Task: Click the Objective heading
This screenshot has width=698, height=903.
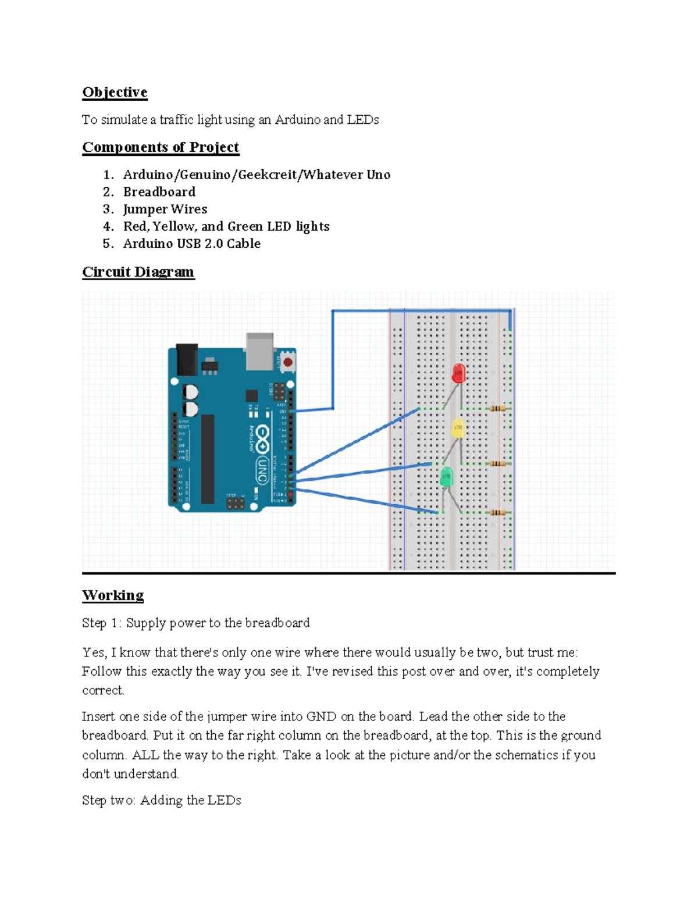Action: coord(115,92)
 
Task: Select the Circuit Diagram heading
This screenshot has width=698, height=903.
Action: coord(138,272)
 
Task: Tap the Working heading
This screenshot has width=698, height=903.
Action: coord(113,595)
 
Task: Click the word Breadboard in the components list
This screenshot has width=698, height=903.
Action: coord(159,192)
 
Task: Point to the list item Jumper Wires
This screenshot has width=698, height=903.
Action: coord(165,209)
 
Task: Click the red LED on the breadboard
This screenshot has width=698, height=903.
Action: coord(458,373)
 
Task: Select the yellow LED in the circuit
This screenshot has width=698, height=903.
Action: coord(458,429)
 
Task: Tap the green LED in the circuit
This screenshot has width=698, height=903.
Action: coord(446,477)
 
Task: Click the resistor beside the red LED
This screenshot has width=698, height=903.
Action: coord(497,409)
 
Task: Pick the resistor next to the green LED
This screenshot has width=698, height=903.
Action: coord(497,512)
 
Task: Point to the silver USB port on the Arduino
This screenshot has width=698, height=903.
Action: coord(259,351)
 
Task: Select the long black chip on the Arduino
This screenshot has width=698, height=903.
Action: coord(208,459)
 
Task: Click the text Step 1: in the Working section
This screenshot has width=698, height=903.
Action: coord(102,623)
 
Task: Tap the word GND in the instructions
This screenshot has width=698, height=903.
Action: coord(321,716)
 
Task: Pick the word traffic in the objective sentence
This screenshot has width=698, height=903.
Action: coord(176,120)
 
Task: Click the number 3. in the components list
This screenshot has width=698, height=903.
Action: coord(108,209)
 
